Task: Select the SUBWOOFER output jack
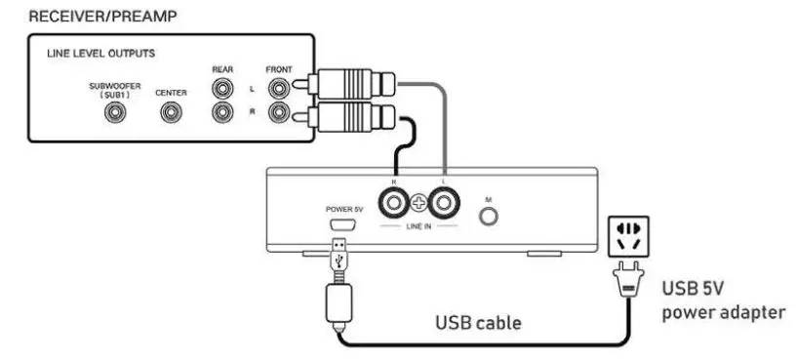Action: pyautogui.click(x=116, y=113)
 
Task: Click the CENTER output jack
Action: pyautogui.click(x=171, y=113)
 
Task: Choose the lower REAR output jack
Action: pyautogui.click(x=224, y=113)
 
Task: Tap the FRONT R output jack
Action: pyautogui.click(x=280, y=113)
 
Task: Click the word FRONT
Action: pyautogui.click(x=280, y=70)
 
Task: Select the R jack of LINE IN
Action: pyautogui.click(x=395, y=204)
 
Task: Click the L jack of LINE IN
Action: pyautogui.click(x=446, y=204)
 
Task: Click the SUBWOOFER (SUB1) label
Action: pyautogui.click(x=116, y=91)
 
